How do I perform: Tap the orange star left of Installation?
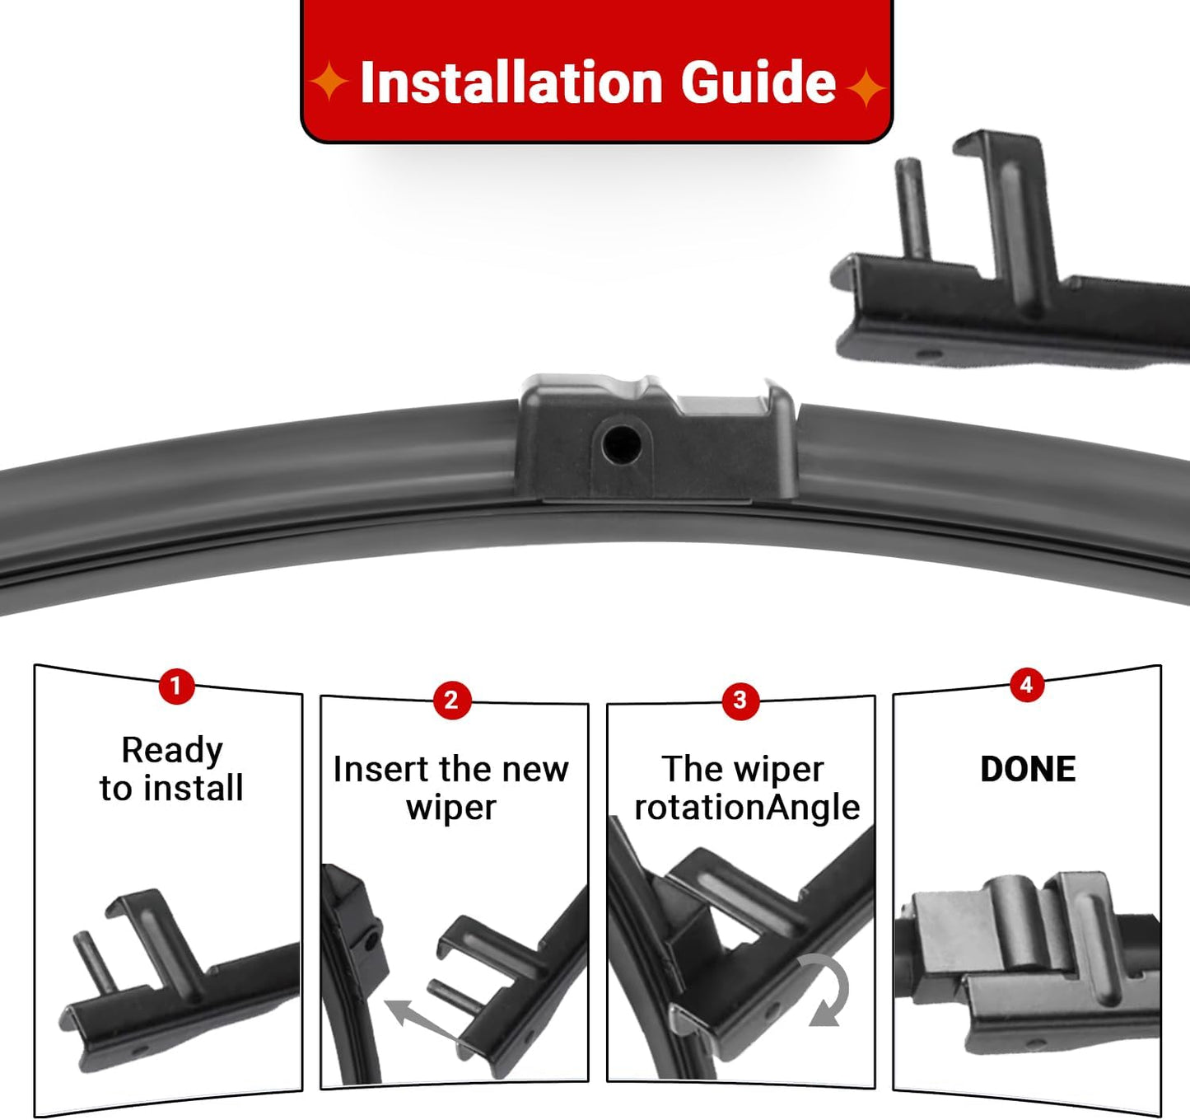(329, 82)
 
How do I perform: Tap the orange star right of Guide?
(866, 87)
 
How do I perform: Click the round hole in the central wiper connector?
(621, 443)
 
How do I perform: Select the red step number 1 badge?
(176, 686)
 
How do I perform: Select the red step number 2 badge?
(451, 701)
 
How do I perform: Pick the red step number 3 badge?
(740, 701)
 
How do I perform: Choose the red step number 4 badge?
(1026, 685)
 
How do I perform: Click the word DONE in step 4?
(1027, 769)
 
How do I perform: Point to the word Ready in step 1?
(171, 750)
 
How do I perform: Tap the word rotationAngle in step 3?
(746, 808)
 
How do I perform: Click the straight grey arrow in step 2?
(420, 1020)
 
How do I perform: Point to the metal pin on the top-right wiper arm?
(912, 206)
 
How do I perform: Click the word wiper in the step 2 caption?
(450, 808)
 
